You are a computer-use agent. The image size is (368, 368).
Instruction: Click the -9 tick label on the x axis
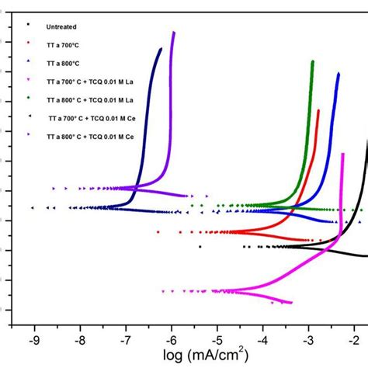tap(34, 339)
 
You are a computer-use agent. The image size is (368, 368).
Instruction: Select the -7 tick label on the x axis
tap(126, 339)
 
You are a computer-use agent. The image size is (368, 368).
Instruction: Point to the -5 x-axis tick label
tap(217, 339)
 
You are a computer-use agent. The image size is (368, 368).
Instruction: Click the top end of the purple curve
tap(174, 33)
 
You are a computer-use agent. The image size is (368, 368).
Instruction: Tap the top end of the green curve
tap(313, 61)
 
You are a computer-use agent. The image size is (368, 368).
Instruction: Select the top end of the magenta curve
tap(342, 154)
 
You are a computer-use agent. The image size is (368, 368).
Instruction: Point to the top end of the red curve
tap(318, 111)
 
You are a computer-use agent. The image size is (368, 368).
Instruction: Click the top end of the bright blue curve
tap(338, 73)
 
